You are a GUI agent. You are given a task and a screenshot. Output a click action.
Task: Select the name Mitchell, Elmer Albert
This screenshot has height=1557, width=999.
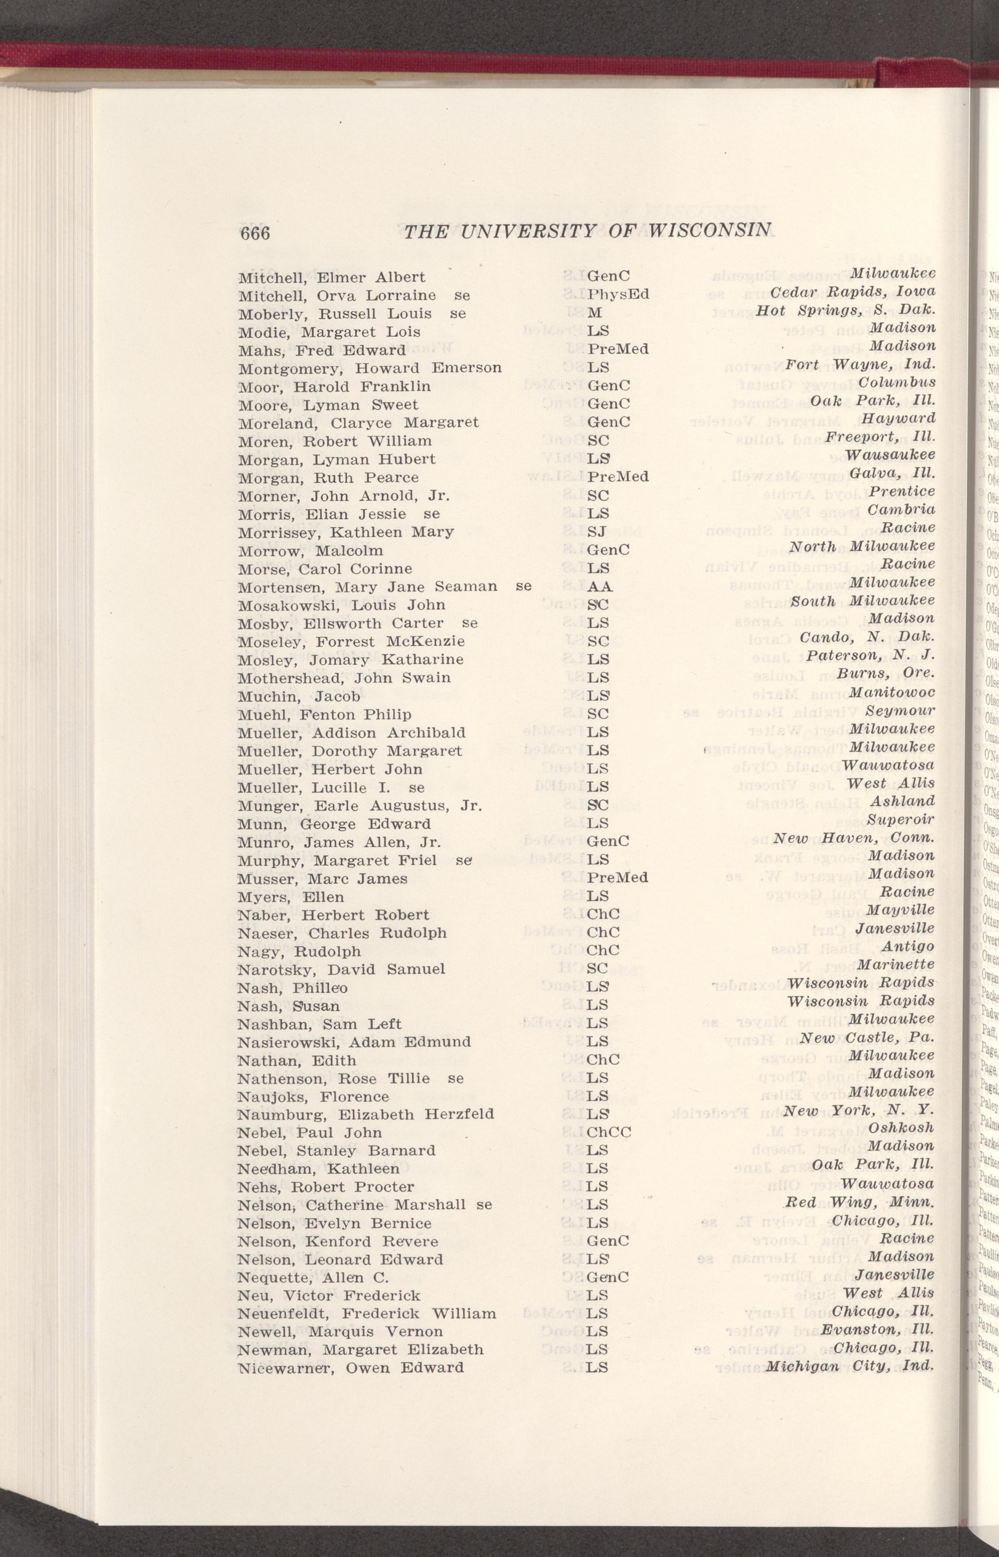tap(332, 277)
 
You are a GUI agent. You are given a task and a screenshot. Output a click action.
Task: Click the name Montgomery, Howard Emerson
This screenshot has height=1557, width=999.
tap(370, 368)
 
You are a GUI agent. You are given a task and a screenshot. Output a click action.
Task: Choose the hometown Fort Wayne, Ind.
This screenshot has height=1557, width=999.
tap(860, 364)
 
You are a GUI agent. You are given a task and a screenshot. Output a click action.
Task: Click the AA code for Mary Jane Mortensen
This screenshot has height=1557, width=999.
tap(599, 586)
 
